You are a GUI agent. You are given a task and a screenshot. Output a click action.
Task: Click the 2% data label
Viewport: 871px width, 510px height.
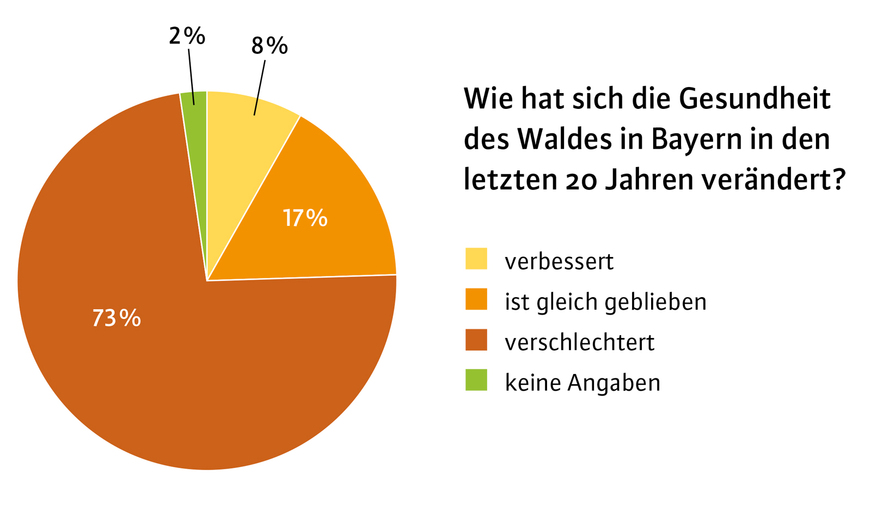point(187,36)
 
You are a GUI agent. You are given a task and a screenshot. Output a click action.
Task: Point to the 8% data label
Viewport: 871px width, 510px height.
point(269,46)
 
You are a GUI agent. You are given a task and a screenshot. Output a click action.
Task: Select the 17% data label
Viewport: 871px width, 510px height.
point(305,218)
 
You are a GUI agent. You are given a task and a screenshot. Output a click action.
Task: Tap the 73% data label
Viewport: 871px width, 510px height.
point(116,318)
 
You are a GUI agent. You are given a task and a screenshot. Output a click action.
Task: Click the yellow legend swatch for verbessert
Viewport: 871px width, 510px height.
point(476,259)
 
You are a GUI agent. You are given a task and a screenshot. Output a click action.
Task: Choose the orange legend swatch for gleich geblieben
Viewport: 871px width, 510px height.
point(476,299)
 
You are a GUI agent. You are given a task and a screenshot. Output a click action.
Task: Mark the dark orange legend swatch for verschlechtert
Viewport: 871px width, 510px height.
point(476,340)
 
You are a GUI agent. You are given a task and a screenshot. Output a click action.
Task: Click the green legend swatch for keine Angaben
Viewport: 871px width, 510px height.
point(476,380)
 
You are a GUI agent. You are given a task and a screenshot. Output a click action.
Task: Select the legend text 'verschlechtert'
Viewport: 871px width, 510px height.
point(580,342)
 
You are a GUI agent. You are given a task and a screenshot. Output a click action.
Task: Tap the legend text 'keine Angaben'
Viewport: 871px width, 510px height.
point(582,383)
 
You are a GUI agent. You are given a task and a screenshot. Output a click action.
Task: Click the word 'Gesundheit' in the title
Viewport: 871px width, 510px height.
point(755,99)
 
